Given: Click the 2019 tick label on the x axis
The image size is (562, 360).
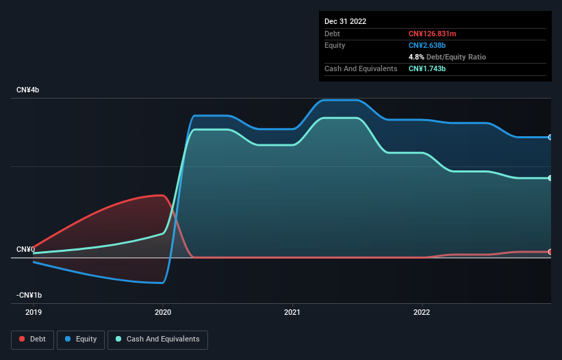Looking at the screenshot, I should pos(33,311).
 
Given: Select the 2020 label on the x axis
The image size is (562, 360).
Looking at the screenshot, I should pos(163,311).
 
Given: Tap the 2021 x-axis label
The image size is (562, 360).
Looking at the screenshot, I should pos(292,311).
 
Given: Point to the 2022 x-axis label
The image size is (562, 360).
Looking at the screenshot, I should pos(422,311).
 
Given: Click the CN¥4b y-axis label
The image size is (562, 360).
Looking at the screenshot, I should pos(28,90).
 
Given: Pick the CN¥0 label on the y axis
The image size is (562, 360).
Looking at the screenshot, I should pos(25,249).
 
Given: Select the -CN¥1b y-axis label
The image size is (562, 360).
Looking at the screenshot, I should pos(29,295).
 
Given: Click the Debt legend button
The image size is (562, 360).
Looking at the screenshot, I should pos(32,339).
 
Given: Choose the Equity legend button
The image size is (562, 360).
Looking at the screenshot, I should pos(81,339).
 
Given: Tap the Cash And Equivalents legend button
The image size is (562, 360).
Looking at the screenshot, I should pos(157,339).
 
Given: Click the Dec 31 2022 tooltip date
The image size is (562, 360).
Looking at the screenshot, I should pos(346,21).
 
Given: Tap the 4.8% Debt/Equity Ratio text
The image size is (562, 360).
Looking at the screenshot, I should pos(447,57).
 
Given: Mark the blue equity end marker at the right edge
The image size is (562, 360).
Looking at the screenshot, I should pos(550,138).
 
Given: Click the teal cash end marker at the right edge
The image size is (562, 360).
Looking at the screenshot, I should pos(550,178).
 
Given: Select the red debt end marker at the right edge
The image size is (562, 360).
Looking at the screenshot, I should pos(550,252).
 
